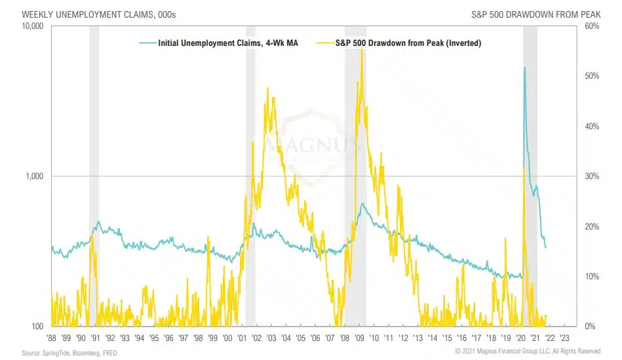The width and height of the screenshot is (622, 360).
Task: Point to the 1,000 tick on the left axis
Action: (34, 176)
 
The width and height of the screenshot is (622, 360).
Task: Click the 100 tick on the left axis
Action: (37, 326)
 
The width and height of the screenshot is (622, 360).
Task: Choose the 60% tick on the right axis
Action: (591, 26)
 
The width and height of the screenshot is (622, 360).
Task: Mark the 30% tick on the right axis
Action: (591, 176)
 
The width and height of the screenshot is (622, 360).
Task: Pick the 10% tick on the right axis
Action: (591, 276)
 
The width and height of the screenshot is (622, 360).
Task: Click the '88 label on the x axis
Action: (51, 338)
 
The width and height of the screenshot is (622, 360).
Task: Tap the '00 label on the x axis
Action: (227, 338)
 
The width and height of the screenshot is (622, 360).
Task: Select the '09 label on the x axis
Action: (359, 338)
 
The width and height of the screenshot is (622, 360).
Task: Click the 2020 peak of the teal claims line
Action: (524, 68)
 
